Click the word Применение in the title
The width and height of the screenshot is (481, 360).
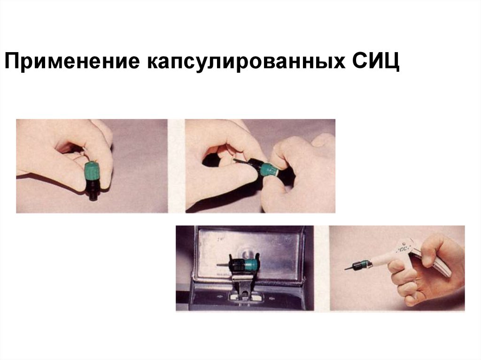point(72,61)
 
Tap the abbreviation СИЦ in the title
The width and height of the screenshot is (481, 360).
point(376,61)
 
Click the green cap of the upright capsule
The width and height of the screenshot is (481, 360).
point(93,172)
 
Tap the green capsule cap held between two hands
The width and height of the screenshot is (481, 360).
point(267,170)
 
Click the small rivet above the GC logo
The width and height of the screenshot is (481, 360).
point(404,245)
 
